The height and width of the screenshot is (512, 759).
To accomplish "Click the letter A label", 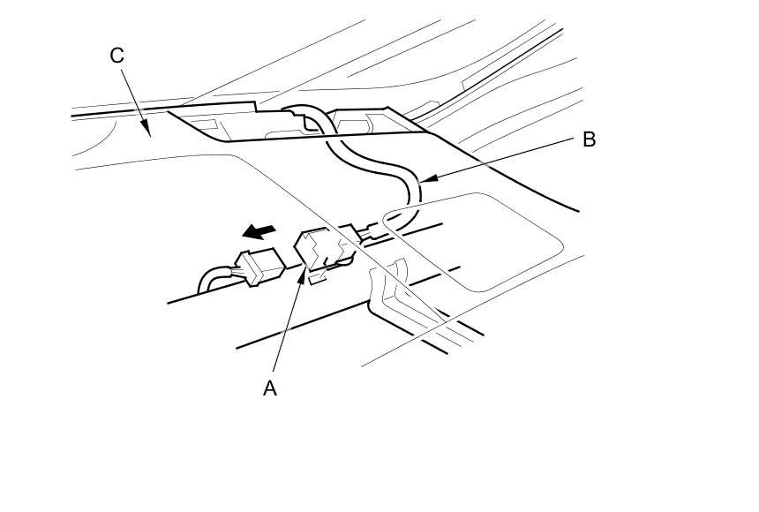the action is pyautogui.click(x=270, y=388).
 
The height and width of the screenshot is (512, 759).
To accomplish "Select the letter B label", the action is pyautogui.click(x=589, y=139).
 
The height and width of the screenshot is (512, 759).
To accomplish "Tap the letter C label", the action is pyautogui.click(x=117, y=56).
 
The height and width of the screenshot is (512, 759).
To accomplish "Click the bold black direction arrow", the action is pyautogui.click(x=259, y=231).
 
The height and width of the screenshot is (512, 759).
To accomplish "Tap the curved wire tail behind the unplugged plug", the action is pyautogui.click(x=213, y=278).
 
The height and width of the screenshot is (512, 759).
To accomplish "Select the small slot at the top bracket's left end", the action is pyautogui.click(x=205, y=124).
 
